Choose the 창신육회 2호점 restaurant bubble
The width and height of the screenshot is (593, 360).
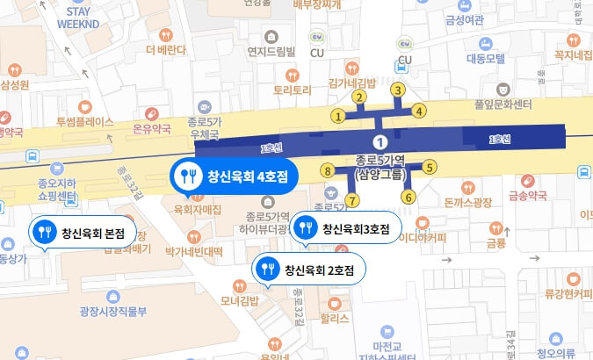pos(306,270)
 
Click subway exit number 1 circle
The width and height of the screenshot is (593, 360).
pos(337,115)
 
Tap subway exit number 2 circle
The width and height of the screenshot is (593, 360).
pos(358,97)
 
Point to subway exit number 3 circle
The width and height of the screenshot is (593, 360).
pos(398,90)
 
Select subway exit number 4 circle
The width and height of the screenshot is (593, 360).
pos(419,111)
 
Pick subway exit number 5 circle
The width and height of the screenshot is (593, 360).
pos(430,167)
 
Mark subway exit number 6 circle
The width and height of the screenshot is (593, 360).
pos(409,197)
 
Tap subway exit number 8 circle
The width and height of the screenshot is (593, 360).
pos(328,171)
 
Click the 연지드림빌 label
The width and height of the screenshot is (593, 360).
pos(271,51)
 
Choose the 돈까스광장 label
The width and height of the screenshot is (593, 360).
pos(466,203)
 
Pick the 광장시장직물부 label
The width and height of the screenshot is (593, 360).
pos(112,310)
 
